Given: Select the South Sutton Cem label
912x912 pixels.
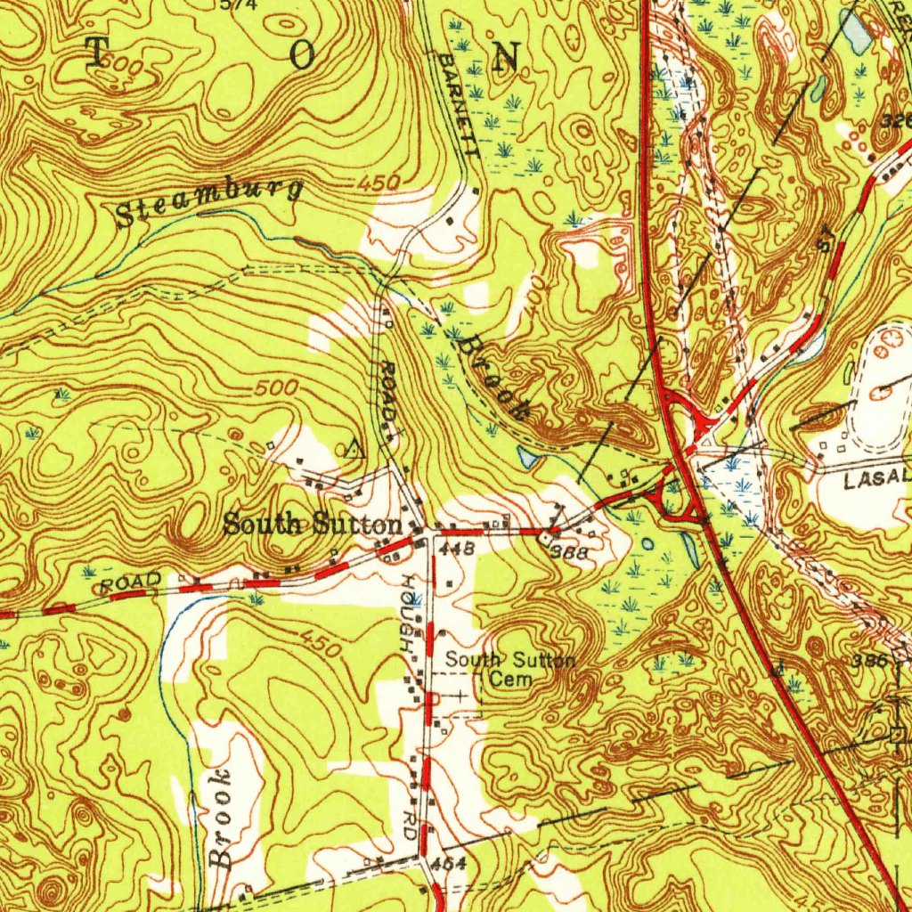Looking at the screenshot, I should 510,669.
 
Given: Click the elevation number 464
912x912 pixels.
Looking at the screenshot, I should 446,863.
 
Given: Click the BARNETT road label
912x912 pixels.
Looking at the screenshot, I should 460,105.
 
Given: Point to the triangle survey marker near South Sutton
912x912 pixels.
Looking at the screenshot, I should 354,448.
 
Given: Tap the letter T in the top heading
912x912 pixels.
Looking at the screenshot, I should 96,53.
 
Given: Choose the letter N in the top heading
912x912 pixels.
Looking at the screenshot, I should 506,56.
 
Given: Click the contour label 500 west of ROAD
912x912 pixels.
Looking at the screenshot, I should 273,389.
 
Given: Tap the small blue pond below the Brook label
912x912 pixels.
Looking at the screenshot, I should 527,457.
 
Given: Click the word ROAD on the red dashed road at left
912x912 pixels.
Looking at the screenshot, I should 130,583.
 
